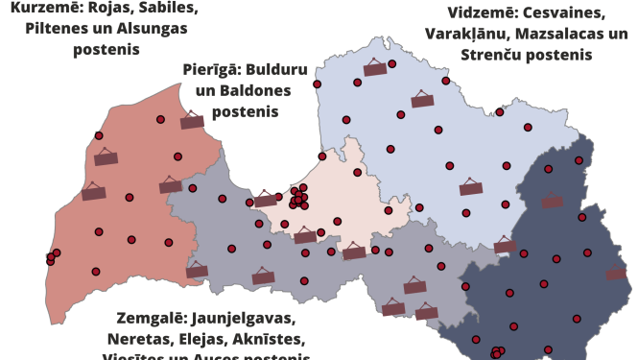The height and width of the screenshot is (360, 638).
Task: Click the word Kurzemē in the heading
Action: point(45,9)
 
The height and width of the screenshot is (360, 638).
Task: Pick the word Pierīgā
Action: point(211,70)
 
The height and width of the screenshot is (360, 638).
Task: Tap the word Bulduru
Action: point(278,70)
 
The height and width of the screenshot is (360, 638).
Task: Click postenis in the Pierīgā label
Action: point(245,112)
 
